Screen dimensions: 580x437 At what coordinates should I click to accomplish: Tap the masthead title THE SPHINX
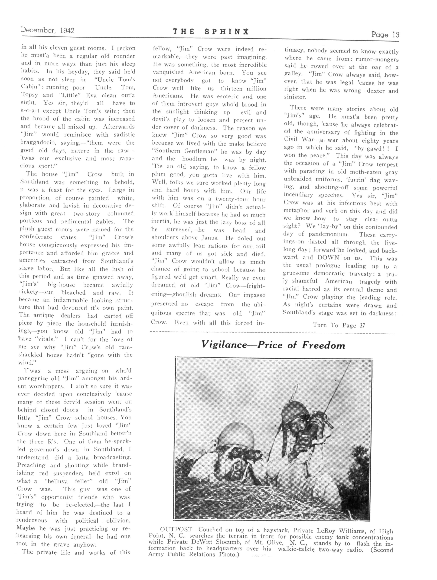[210, 32]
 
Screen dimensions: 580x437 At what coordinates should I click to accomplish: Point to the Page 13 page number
[385, 35]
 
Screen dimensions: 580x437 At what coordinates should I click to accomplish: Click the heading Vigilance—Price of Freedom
[273, 345]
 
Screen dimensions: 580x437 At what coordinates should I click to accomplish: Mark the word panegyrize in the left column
[33, 379]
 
